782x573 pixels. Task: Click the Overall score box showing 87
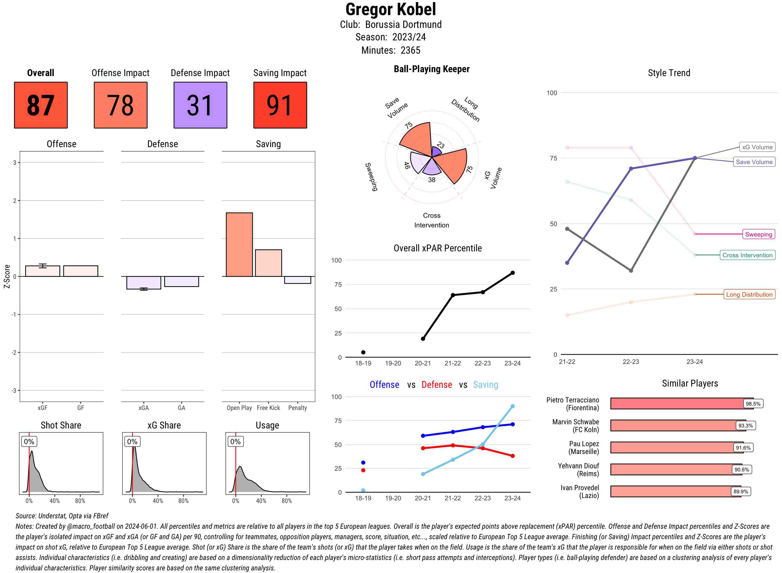(x=41, y=105)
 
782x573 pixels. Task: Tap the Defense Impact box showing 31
(x=200, y=105)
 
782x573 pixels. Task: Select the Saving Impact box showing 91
(x=280, y=105)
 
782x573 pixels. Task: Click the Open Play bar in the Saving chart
(x=239, y=245)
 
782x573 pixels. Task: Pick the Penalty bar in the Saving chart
(x=297, y=280)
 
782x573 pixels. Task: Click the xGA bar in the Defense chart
(x=144, y=283)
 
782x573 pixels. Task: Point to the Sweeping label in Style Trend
(x=758, y=234)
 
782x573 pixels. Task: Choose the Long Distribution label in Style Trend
(x=749, y=295)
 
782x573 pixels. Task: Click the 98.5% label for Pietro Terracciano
(x=753, y=404)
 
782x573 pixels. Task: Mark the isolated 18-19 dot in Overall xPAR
(x=363, y=352)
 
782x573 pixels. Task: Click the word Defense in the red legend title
(x=437, y=385)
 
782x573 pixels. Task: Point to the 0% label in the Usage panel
(x=235, y=441)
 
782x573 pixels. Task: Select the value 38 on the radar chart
(x=431, y=180)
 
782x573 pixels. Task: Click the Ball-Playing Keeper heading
(x=431, y=69)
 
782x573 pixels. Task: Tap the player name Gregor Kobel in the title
(x=390, y=9)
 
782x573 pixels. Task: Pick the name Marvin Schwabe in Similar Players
(x=576, y=422)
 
